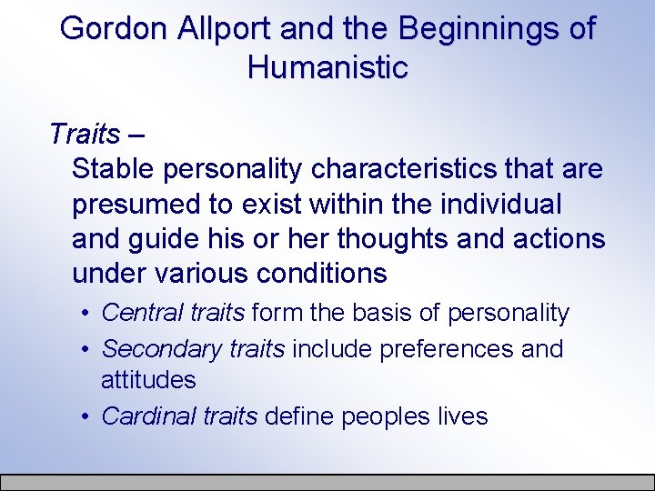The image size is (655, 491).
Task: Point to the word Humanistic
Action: (327, 67)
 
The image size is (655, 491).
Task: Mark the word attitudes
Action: (148, 378)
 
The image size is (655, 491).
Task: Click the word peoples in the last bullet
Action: (389, 417)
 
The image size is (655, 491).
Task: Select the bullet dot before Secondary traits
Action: (84, 349)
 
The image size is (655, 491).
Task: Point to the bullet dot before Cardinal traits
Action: (84, 417)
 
